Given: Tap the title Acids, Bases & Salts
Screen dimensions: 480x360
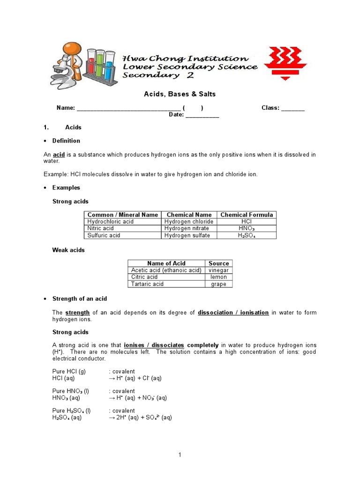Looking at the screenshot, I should tap(180, 94).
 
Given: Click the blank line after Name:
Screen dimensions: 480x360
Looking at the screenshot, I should tap(128, 108).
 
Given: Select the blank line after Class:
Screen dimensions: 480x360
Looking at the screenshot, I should tap(292, 108).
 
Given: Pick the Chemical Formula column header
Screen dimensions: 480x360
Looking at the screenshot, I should tap(247, 215).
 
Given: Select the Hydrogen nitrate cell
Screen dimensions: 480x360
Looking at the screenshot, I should tap(187, 228).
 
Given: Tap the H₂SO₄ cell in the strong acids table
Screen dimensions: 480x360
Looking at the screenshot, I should tap(247, 235).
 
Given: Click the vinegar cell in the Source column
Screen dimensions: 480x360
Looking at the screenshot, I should tap(218, 270).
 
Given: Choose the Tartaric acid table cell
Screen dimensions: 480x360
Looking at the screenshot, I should tap(148, 284).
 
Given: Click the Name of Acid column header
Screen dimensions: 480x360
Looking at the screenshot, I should tap(166, 263).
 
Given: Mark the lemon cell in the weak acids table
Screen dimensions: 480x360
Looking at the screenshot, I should tap(218, 277).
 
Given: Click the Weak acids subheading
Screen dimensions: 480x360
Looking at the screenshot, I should tap(68, 250).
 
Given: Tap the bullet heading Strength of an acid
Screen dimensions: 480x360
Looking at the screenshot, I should tap(80, 299).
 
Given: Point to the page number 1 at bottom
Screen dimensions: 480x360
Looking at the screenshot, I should tap(180, 455).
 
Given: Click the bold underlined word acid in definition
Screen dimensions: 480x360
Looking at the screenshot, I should tap(59, 155).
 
